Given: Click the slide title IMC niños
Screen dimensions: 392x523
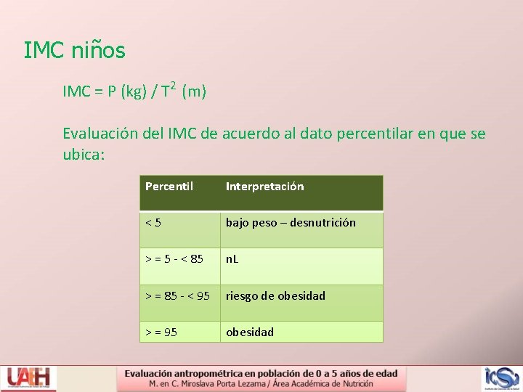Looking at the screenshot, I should (x=74, y=51).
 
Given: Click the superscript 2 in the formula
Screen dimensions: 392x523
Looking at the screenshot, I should (x=174, y=84).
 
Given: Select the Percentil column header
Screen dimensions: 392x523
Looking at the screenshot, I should (x=169, y=187).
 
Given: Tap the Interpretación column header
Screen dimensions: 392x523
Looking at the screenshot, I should (x=264, y=187).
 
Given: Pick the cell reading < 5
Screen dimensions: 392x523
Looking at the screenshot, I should (x=153, y=223).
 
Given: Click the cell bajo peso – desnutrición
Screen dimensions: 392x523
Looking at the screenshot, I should (x=291, y=223).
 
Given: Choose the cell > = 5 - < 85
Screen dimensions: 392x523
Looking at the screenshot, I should (x=174, y=259).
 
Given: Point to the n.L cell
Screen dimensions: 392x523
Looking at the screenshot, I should (x=232, y=259).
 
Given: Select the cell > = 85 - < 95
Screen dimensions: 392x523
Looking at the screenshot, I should (x=177, y=295).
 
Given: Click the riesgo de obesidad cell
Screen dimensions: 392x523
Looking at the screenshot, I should (x=275, y=295).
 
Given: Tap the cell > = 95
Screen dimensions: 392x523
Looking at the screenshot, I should (x=161, y=332).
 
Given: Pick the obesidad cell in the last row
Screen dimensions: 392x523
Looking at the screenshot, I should (x=250, y=332).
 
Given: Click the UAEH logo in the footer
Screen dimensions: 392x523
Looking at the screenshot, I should (x=29, y=378).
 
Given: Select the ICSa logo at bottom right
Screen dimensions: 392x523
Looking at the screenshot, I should (x=502, y=378).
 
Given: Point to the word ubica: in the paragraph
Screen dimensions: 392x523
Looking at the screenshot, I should (x=84, y=154).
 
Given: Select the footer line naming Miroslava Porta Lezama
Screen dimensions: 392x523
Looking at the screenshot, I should (x=261, y=383).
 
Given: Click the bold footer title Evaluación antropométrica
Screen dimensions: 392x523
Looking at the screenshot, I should (x=261, y=373).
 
